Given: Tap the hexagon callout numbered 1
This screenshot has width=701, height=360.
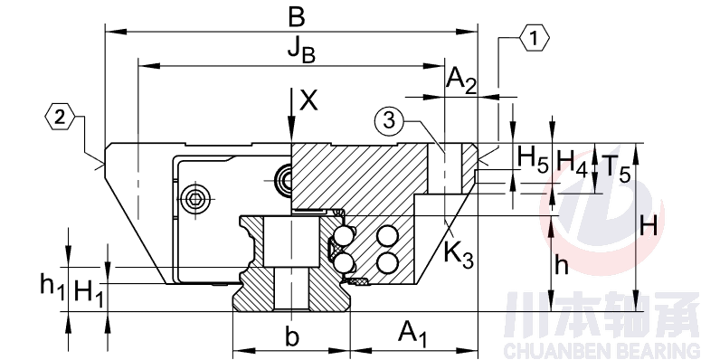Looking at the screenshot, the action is click(x=535, y=39).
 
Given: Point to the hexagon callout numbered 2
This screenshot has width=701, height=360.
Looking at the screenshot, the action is click(x=60, y=118).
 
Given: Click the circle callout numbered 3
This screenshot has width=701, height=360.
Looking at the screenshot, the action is click(x=390, y=121).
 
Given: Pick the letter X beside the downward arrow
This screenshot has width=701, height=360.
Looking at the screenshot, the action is click(x=309, y=99).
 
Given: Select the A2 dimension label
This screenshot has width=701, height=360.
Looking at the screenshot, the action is click(x=462, y=81).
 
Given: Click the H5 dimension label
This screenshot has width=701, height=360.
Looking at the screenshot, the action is click(x=533, y=159).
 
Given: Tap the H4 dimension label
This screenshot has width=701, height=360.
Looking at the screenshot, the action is click(x=572, y=160).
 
